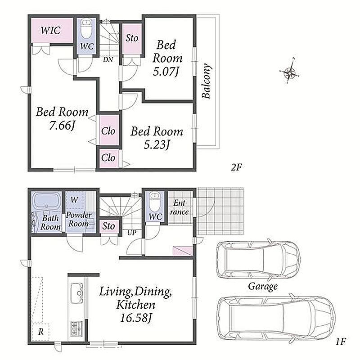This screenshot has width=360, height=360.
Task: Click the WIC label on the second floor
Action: [51, 30]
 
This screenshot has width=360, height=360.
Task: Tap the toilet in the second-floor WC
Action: [86, 29]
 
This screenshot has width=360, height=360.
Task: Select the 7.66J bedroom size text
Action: [62, 126]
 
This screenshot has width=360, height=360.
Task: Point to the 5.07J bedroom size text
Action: [166, 72]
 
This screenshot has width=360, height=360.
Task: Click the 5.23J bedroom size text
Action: [157, 145]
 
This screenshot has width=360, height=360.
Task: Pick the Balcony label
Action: [207, 81]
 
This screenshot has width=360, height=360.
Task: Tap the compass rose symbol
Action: [290, 71]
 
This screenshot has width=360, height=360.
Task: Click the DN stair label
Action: [108, 60]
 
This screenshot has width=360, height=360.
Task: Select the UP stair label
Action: [132, 233]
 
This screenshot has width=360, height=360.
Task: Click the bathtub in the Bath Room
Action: [46, 200]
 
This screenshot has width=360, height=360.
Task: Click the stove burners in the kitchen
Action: [76, 328]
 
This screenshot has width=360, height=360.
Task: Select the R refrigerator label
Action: [41, 332]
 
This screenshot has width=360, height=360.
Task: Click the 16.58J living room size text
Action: [136, 318]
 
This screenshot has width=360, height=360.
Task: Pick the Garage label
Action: [263, 286]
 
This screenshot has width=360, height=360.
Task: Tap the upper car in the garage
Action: [257, 260]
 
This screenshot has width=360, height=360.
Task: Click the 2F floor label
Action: [237, 167]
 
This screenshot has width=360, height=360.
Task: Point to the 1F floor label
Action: [341, 342]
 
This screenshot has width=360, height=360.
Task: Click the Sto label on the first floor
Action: [108, 226]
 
